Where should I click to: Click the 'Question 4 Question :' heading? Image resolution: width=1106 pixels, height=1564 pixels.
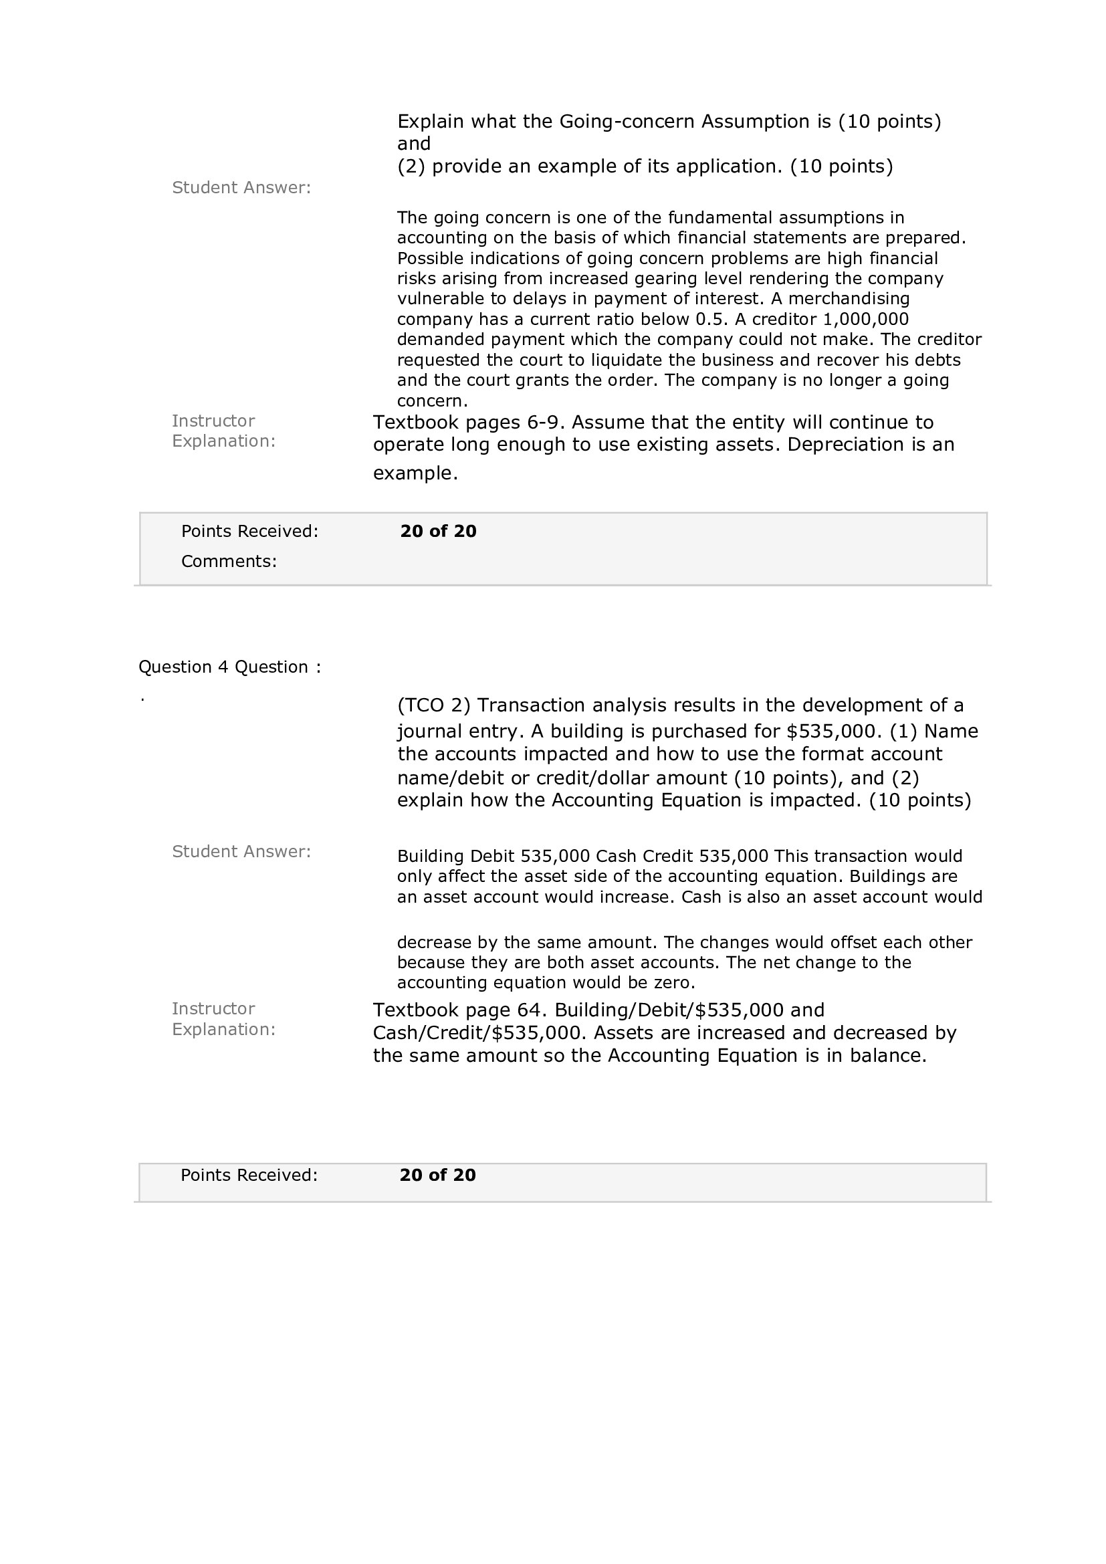(229, 667)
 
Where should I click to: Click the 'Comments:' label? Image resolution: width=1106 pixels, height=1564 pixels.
(229, 561)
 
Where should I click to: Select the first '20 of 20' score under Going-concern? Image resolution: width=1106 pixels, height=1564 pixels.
(438, 532)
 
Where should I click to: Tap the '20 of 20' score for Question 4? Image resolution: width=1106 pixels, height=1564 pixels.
(437, 1175)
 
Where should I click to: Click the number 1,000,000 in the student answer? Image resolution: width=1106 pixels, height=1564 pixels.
(865, 320)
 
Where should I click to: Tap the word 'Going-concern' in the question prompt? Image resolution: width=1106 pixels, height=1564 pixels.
(627, 122)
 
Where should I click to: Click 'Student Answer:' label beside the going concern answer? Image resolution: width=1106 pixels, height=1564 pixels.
(241, 188)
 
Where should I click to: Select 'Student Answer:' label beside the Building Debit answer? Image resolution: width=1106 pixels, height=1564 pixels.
(241, 851)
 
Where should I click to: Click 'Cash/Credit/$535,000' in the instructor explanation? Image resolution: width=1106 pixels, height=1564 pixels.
(479, 1032)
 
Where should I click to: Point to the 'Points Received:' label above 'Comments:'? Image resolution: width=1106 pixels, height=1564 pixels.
(249, 532)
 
